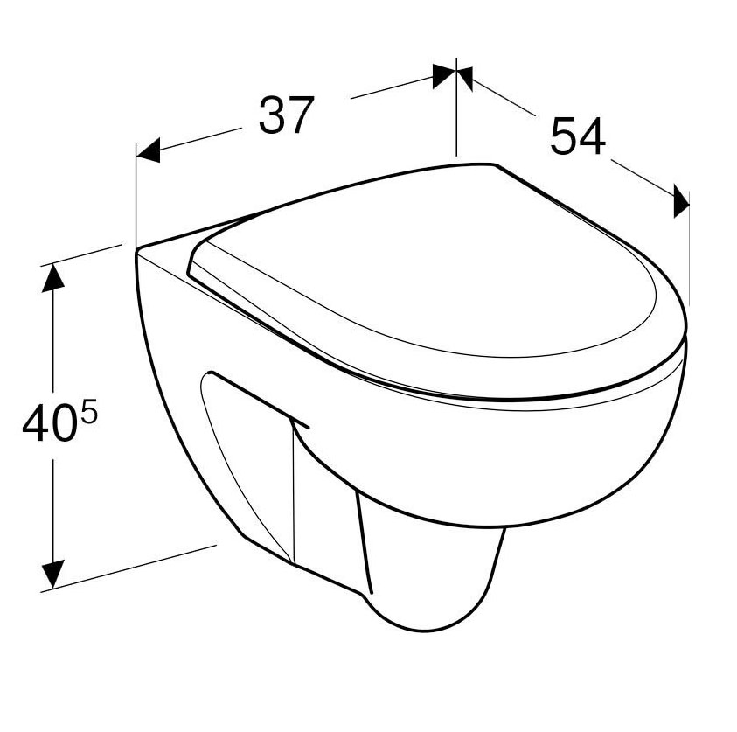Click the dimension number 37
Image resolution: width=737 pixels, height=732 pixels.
tap(286, 115)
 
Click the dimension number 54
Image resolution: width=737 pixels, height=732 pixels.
tap(578, 136)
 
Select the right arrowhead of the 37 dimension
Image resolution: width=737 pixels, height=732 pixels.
tap(444, 76)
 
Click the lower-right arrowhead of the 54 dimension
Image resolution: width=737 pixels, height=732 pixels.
tap(681, 201)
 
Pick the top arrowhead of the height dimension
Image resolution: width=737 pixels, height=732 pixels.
tap(52, 278)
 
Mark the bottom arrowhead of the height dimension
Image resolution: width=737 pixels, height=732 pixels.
tap(52, 574)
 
